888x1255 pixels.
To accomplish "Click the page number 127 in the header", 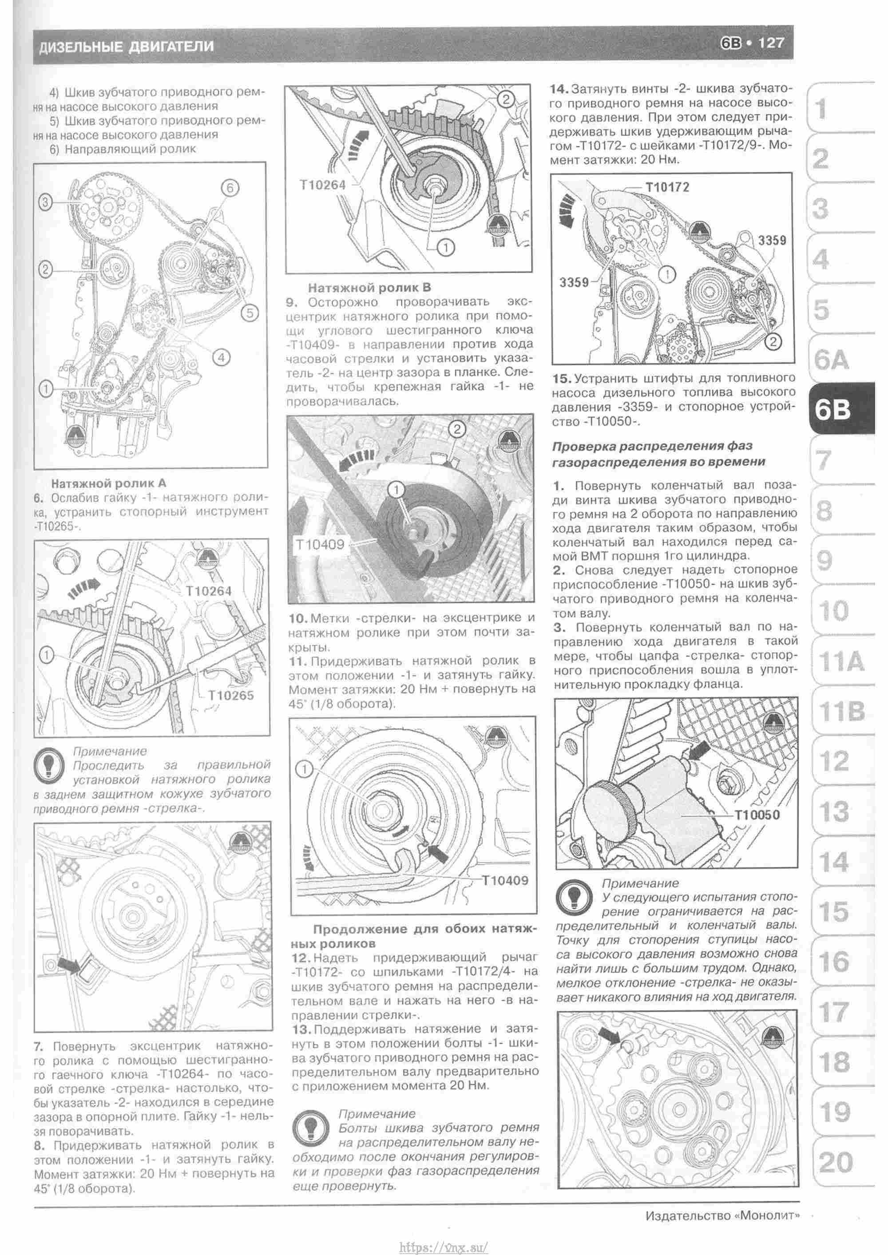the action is point(770,43).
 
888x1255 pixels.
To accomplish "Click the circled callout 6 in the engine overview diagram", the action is point(230,188).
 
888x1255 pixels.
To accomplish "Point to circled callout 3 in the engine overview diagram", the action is point(46,203).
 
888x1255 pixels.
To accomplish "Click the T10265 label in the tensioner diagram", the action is point(231,695).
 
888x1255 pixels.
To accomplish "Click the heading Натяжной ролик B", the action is point(369,288).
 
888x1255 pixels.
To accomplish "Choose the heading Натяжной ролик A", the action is point(108,483).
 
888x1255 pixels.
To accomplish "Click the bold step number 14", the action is point(560,88).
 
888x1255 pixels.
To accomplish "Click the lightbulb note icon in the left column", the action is point(49,764).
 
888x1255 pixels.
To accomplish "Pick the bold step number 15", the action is point(561,378).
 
